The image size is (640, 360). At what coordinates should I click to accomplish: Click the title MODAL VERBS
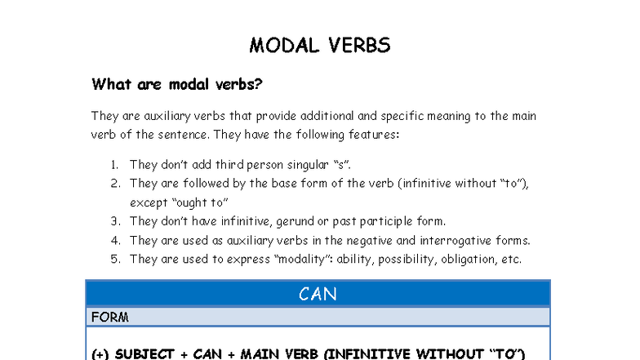pyautogui.click(x=320, y=45)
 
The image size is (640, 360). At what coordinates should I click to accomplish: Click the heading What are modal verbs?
pyautogui.click(x=176, y=84)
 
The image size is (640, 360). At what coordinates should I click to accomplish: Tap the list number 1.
pyautogui.click(x=114, y=165)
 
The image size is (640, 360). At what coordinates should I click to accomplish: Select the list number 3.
pyautogui.click(x=115, y=221)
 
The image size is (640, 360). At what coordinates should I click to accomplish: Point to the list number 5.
pyautogui.click(x=115, y=260)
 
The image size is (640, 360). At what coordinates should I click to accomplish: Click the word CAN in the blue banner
pyautogui.click(x=318, y=294)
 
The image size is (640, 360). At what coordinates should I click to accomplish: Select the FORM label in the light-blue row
pyautogui.click(x=109, y=317)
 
